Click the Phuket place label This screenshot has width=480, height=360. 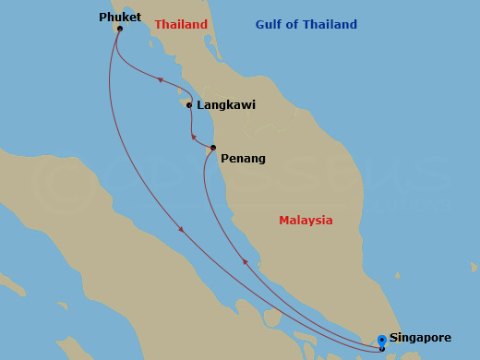[x=120, y=17]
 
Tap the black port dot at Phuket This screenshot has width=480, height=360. [x=120, y=28]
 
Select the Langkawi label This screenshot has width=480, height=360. [x=226, y=105]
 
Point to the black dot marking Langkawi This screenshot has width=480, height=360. [x=189, y=105]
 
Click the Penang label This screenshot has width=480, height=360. [x=243, y=159]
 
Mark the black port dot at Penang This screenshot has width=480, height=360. [x=213, y=148]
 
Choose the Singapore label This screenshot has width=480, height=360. [x=426, y=338]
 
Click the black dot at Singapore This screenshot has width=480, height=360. [x=382, y=349]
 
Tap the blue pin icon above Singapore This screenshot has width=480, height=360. [x=382, y=340]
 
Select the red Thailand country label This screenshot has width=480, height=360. [x=181, y=25]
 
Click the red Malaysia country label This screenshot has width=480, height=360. [x=306, y=221]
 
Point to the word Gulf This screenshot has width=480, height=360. [x=271, y=25]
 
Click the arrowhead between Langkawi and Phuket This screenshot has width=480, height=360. [x=161, y=81]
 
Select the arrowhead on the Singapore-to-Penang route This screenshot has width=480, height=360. [x=245, y=263]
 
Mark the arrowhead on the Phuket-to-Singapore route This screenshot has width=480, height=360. [x=181, y=229]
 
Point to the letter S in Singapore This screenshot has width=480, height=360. [x=394, y=338]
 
